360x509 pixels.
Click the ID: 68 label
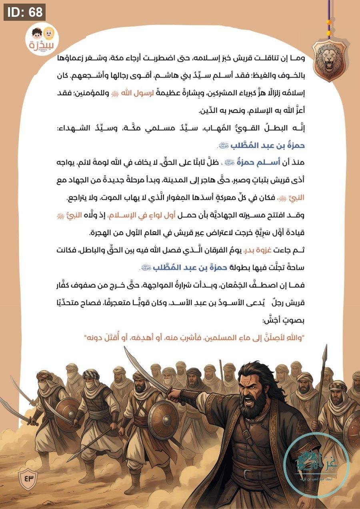point(24,12)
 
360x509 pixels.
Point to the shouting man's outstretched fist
point(173,396)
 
